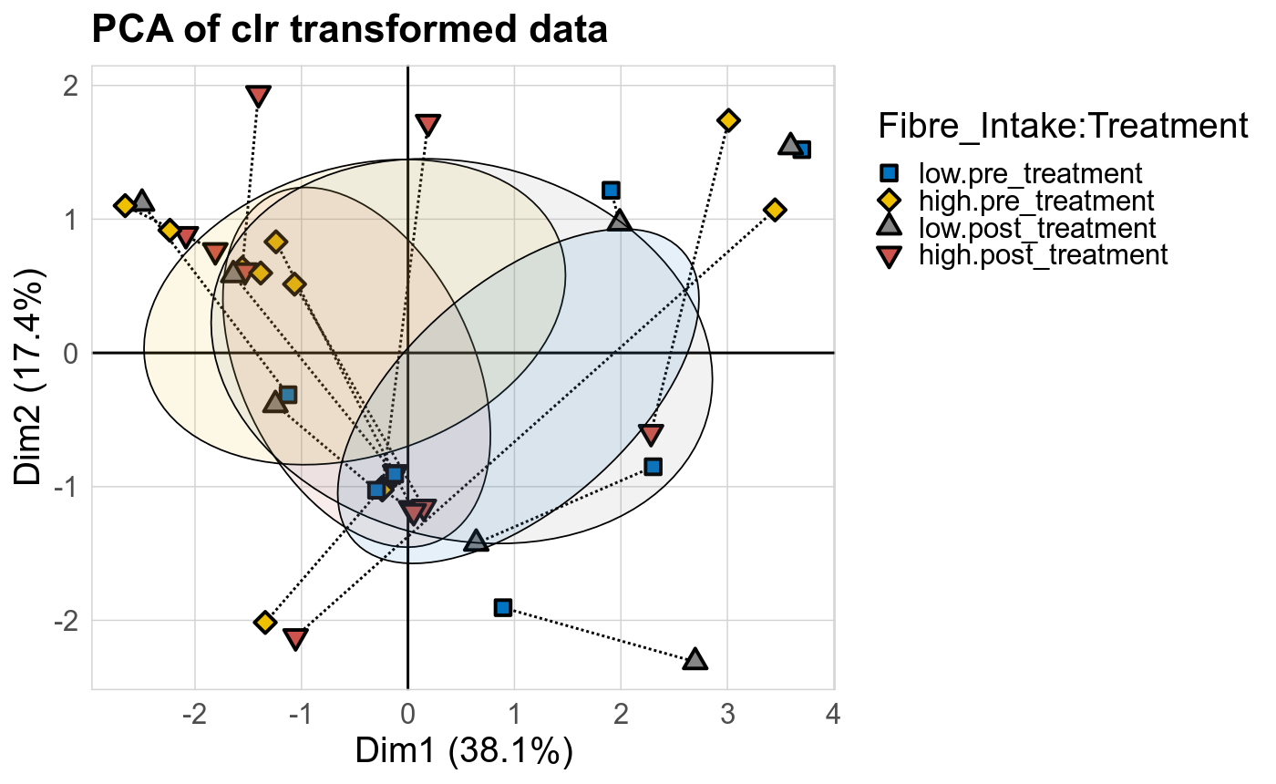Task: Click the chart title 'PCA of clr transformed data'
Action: pos(349,31)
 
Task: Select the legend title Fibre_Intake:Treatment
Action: pos(1062,127)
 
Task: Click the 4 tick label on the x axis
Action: pos(833,712)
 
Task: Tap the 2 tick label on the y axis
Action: pos(71,86)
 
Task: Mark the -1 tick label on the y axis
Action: pos(66,487)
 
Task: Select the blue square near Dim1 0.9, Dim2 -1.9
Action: pos(502,607)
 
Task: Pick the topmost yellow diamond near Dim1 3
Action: pos(727,120)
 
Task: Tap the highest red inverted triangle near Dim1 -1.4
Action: pos(259,96)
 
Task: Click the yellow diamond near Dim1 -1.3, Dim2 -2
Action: pos(265,622)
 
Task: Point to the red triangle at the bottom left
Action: pos(294,638)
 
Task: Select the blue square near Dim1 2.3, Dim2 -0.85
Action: pos(653,467)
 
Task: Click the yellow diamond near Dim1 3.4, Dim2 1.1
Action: pos(775,210)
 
